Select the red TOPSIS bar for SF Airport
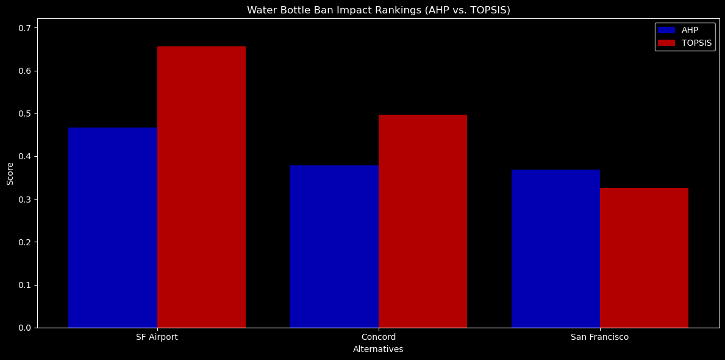(x=201, y=187)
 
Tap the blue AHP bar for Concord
(x=334, y=247)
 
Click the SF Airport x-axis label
(x=157, y=337)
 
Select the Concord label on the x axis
(x=379, y=337)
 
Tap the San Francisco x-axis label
(x=599, y=337)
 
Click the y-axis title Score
(x=10, y=173)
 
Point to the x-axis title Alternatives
(x=378, y=349)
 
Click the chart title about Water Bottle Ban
(x=378, y=10)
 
